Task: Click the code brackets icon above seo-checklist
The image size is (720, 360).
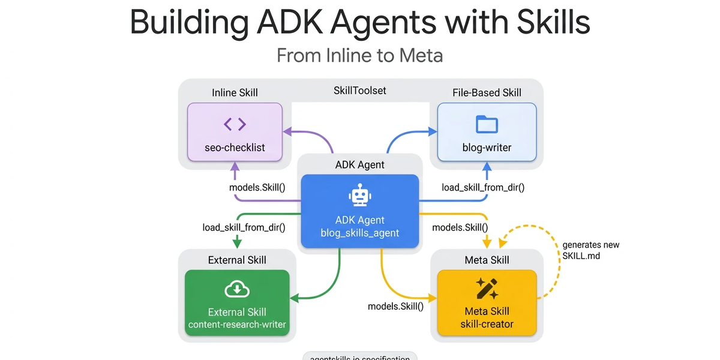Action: click(235, 124)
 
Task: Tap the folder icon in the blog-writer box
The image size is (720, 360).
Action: click(487, 124)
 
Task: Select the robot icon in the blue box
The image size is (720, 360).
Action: click(359, 196)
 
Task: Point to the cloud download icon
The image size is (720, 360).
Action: click(237, 290)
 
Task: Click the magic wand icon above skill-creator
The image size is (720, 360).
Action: click(487, 289)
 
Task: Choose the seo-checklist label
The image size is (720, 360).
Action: click(235, 147)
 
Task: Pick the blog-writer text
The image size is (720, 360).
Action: click(487, 147)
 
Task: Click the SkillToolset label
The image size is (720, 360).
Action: click(360, 91)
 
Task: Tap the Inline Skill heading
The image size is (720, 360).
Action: click(235, 92)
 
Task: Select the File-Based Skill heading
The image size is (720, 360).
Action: click(487, 92)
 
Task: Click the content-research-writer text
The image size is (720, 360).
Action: click(237, 325)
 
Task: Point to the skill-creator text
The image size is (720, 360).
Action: click(487, 325)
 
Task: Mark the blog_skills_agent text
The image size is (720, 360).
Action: click(359, 233)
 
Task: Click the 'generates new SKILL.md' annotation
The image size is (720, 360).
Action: click(590, 250)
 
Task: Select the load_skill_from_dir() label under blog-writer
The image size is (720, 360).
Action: click(483, 187)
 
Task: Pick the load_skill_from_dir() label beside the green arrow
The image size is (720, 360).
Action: click(244, 227)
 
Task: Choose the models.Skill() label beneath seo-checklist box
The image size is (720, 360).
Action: click(257, 187)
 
